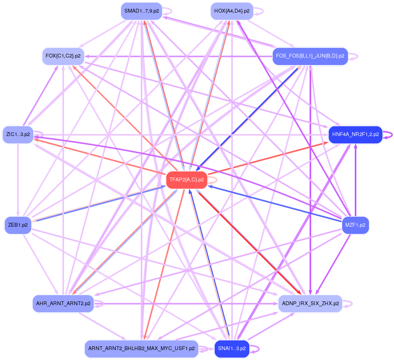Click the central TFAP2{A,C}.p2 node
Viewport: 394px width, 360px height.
(x=187, y=180)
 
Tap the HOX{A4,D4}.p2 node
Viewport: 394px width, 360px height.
(x=232, y=11)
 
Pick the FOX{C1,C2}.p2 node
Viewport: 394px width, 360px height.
(x=63, y=56)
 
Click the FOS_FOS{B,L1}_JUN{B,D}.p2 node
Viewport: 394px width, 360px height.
(x=310, y=56)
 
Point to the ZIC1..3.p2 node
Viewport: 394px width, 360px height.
(x=18, y=134)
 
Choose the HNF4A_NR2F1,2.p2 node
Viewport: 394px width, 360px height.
(x=355, y=134)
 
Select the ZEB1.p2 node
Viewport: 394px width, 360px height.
(x=18, y=225)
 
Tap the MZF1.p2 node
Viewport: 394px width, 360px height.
(x=355, y=225)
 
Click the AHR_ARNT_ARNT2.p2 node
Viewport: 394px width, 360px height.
(x=63, y=304)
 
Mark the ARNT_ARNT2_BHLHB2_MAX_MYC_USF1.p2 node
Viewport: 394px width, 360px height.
(x=141, y=349)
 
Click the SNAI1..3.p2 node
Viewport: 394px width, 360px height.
(x=232, y=349)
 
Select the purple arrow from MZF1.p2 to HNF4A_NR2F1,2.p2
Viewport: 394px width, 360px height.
(x=356, y=179)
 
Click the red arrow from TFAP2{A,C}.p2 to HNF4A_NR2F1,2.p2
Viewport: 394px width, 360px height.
(x=266, y=157)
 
